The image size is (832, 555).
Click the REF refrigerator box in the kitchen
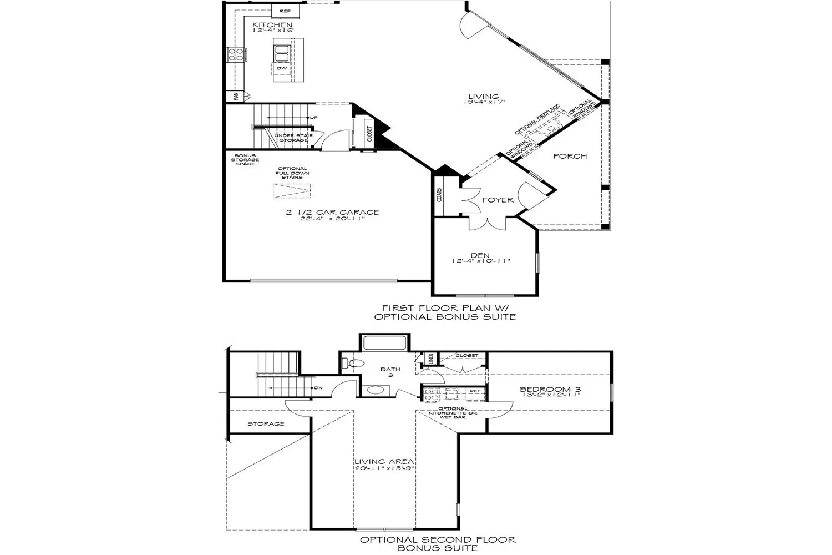pos(285,11)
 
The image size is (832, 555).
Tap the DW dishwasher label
pos(282,68)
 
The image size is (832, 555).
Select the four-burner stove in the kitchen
pos(235,54)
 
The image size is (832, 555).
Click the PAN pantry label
pos(236,97)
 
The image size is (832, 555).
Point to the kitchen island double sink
pos(281,53)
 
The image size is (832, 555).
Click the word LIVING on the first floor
pos(483,96)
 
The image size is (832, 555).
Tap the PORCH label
pos(570,156)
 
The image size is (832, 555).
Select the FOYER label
pos(498,200)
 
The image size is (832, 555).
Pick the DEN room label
pos(480,255)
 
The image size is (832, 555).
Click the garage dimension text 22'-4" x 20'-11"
pos(333,218)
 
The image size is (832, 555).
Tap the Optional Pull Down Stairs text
pos(292,173)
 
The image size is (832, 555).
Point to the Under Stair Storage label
pos(293,138)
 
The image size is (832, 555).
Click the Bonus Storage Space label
pos(245,160)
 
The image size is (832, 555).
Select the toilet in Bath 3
pos(353,364)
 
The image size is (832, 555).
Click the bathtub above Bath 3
pos(385,342)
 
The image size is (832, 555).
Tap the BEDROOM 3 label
pos(550,390)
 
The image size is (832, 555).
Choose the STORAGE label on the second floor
pos(266,424)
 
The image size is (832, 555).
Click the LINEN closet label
pos(430,359)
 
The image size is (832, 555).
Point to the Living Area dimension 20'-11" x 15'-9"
pos(385,468)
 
